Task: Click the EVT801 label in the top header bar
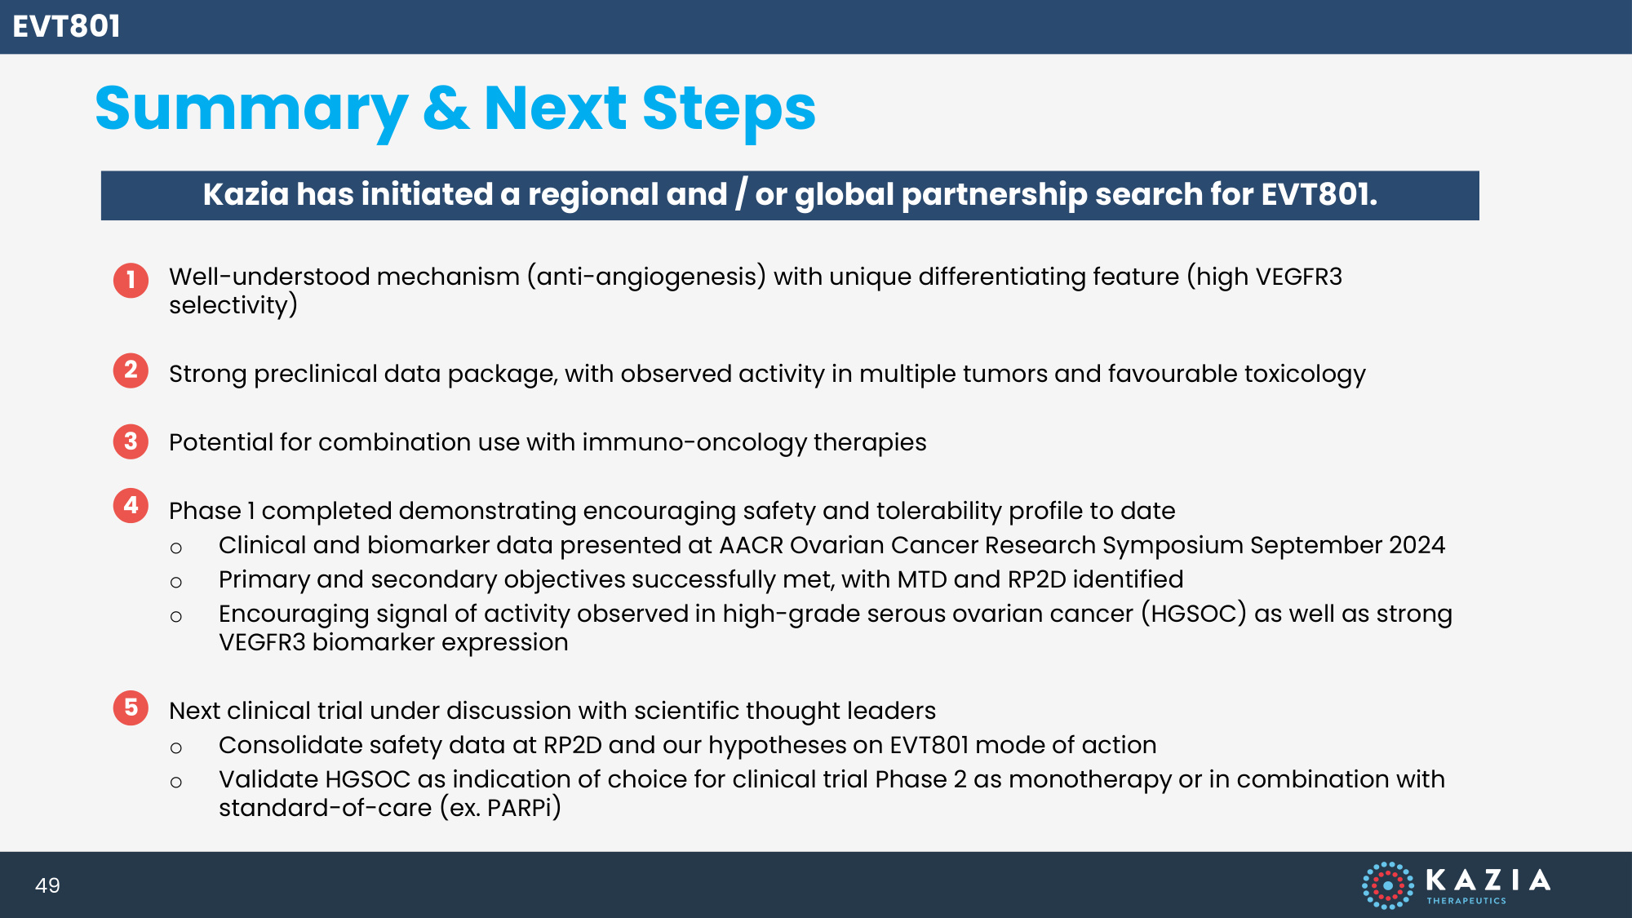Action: click(x=66, y=26)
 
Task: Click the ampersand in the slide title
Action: click(x=446, y=109)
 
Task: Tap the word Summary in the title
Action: click(x=251, y=111)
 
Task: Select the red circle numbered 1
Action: click(x=131, y=280)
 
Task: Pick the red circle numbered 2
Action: click(x=131, y=370)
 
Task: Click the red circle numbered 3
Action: click(x=131, y=441)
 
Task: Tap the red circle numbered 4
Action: click(x=131, y=506)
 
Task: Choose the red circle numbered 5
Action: click(x=131, y=707)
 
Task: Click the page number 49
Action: click(x=47, y=885)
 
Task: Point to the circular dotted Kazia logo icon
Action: click(x=1387, y=885)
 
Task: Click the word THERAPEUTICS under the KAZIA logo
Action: click(x=1466, y=901)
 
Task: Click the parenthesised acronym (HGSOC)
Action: click(x=1194, y=614)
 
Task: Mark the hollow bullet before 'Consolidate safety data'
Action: click(x=176, y=747)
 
